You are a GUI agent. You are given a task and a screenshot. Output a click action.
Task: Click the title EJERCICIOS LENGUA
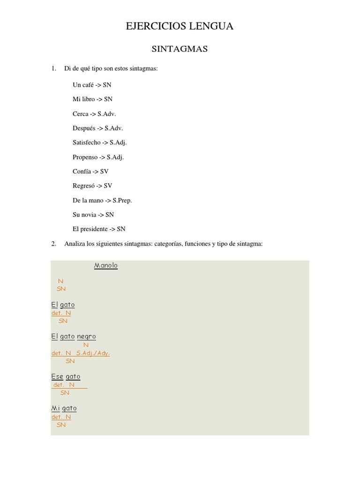(x=180, y=26)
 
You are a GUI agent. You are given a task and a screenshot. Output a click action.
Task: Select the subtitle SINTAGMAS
(x=180, y=49)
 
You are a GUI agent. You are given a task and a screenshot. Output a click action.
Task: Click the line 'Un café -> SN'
(x=92, y=85)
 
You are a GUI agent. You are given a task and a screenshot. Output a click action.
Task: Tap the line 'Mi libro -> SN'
(x=92, y=99)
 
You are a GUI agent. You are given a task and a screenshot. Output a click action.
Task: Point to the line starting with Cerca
(x=94, y=114)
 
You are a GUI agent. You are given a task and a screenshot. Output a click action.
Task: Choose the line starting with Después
(x=97, y=128)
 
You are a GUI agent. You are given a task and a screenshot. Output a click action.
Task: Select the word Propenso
(x=85, y=157)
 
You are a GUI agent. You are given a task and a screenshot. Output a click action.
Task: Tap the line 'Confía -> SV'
(x=90, y=172)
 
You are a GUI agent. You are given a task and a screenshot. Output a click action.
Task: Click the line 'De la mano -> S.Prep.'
(x=102, y=200)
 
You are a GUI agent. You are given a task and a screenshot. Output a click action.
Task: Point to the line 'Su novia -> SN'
(x=93, y=215)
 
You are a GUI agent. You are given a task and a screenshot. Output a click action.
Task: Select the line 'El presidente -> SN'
(x=99, y=229)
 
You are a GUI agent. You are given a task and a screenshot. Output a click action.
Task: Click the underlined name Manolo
(x=106, y=266)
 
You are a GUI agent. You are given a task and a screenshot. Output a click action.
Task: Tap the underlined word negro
(x=86, y=337)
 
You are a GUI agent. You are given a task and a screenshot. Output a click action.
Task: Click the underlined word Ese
(x=57, y=376)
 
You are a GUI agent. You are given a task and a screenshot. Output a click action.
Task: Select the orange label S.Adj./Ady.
(x=93, y=353)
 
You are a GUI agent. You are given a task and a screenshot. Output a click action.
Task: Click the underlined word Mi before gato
(x=55, y=408)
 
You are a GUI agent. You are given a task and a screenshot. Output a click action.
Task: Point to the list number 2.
(x=54, y=244)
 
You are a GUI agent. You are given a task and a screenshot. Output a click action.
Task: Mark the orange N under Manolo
(x=60, y=281)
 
